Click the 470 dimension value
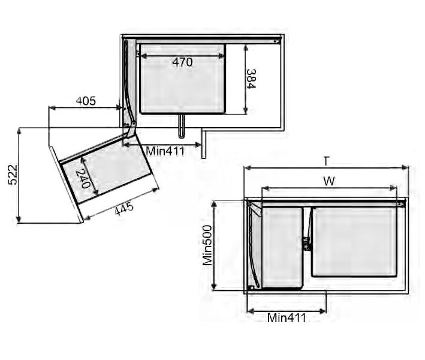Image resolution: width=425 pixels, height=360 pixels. pyautogui.click(x=183, y=62)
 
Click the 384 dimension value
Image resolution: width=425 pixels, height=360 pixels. pyautogui.click(x=251, y=79)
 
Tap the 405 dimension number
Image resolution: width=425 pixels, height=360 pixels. pyautogui.click(x=86, y=101)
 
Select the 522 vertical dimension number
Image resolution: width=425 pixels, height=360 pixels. pyautogui.click(x=13, y=175)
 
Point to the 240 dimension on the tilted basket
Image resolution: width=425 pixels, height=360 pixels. pyautogui.click(x=83, y=179)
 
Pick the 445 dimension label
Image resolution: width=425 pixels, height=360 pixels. pyautogui.click(x=124, y=208)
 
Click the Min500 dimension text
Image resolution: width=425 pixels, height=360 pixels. pyautogui.click(x=208, y=245)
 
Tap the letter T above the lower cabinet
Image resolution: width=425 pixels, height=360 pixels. pyautogui.click(x=326, y=161)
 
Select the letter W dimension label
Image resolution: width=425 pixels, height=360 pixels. pyautogui.click(x=329, y=181)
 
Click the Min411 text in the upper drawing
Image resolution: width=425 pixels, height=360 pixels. pyautogui.click(x=165, y=151)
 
